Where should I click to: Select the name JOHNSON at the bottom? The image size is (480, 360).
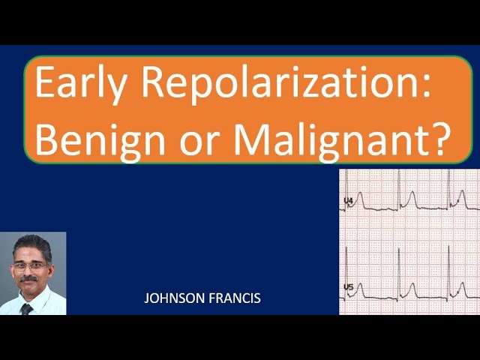pyautogui.click(x=175, y=298)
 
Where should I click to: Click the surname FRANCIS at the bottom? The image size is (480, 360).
pyautogui.click(x=234, y=298)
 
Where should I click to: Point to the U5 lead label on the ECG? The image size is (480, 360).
pyautogui.click(x=348, y=286)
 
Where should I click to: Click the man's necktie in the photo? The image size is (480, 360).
pyautogui.click(x=27, y=308)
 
